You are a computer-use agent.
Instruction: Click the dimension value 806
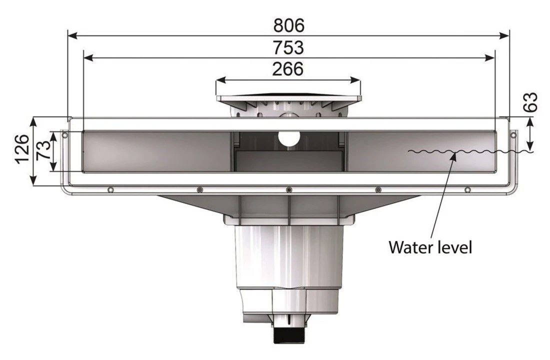tap(288, 25)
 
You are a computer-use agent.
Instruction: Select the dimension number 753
tap(288, 47)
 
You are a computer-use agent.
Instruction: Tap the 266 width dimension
tap(288, 69)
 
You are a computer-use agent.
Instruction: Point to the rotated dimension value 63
tap(532, 102)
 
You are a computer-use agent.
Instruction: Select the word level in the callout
tap(454, 246)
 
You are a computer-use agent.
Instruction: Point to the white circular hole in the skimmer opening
tap(288, 138)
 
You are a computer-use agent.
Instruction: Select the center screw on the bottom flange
tap(288, 189)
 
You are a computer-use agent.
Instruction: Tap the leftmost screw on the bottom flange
tap(110, 189)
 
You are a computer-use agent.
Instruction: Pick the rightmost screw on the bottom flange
tap(467, 189)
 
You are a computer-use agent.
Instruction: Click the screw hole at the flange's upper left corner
tap(64, 134)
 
